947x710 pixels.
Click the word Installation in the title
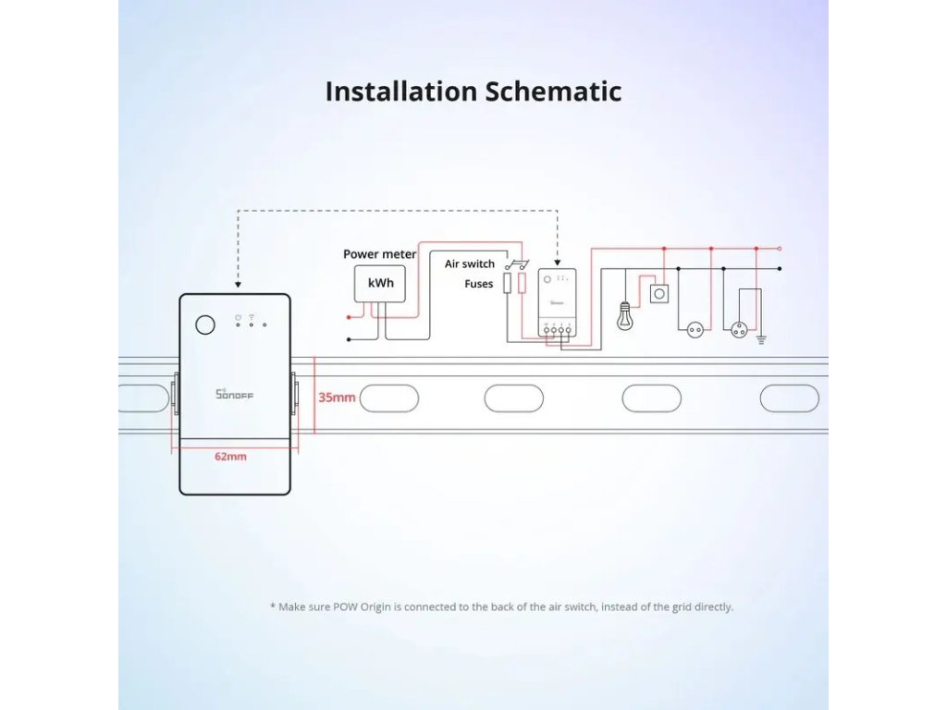pyautogui.click(x=399, y=92)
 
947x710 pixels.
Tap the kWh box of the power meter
pyautogui.click(x=380, y=283)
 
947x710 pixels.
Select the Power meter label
pyautogui.click(x=379, y=253)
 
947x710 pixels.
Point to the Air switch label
pyautogui.click(x=469, y=264)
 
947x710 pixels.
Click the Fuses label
pyautogui.click(x=478, y=284)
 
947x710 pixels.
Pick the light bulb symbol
pyautogui.click(x=625, y=317)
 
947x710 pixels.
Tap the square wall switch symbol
pyautogui.click(x=660, y=293)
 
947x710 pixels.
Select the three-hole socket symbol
pyautogui.click(x=740, y=328)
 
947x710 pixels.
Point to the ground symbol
pyautogui.click(x=763, y=338)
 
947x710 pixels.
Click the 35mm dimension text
pyautogui.click(x=337, y=398)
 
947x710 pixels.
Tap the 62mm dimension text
pyautogui.click(x=230, y=456)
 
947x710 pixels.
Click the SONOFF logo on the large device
pyautogui.click(x=234, y=395)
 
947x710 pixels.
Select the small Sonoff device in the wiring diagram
pyautogui.click(x=556, y=303)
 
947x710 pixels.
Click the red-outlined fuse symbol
pyautogui.click(x=522, y=283)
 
